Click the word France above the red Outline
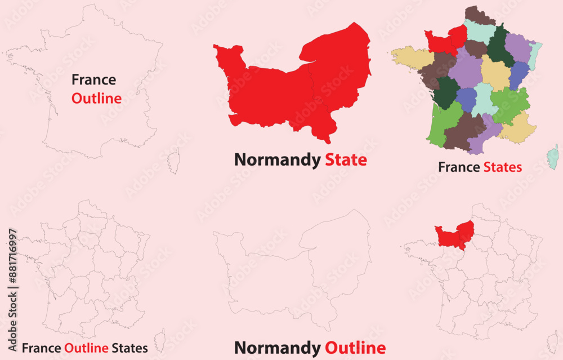[x=93, y=80]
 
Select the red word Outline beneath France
[x=96, y=99]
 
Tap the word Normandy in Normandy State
[x=277, y=160]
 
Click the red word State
[x=346, y=160]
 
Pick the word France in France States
[x=458, y=167]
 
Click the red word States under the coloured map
[x=503, y=167]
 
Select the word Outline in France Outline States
[x=86, y=348]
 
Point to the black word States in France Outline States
[x=129, y=348]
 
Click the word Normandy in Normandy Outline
[x=277, y=348]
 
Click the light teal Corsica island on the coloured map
[x=553, y=157]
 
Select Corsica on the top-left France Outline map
[x=173, y=161]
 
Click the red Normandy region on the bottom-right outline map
[x=454, y=234]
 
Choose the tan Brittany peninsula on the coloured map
[x=411, y=58]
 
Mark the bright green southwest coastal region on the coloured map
[x=443, y=121]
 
